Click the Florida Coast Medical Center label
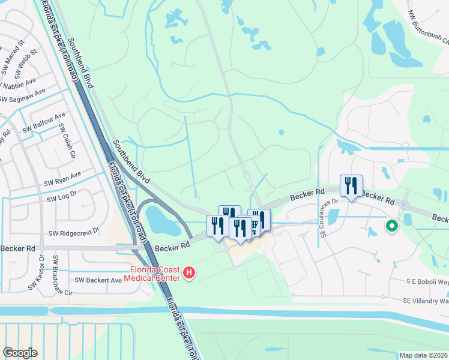click(x=152, y=273)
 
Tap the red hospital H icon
click(x=190, y=274)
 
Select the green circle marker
click(x=391, y=226)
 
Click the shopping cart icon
click(x=253, y=226)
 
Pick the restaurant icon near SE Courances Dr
click(x=351, y=185)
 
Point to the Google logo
click(x=20, y=353)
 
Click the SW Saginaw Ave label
click(x=22, y=97)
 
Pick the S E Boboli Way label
click(x=427, y=281)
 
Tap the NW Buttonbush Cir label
click(x=428, y=28)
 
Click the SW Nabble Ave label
click(x=21, y=84)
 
